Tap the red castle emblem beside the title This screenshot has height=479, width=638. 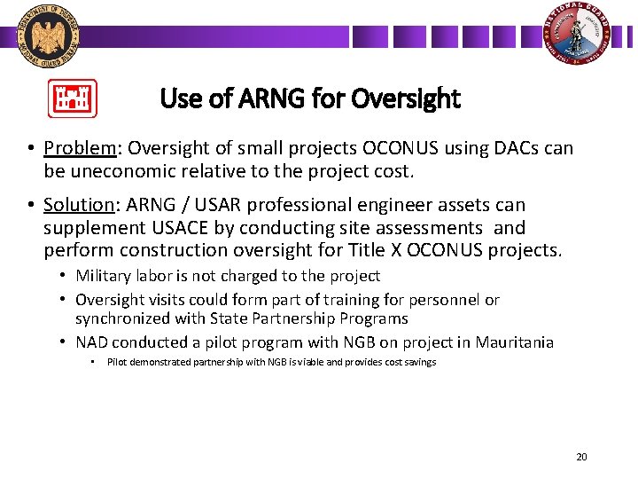click(72, 98)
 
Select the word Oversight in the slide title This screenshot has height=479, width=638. click(406, 98)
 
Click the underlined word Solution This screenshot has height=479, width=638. click(79, 205)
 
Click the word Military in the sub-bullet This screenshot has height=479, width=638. click(105, 277)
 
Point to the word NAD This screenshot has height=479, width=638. click(93, 342)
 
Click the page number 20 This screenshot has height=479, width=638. click(581, 457)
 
